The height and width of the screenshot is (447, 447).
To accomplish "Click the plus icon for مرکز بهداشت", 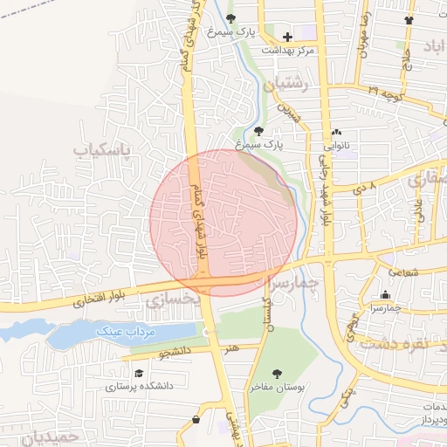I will coord(288,37).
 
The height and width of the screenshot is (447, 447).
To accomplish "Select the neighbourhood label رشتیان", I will coord(292,85).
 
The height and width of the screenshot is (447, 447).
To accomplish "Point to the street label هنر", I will coord(231,348).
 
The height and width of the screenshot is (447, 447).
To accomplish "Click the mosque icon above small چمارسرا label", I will coord(385,294).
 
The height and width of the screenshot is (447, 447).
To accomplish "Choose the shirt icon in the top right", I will coord(409,19).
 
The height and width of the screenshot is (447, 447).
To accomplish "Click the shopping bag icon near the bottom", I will coord(196,420).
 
